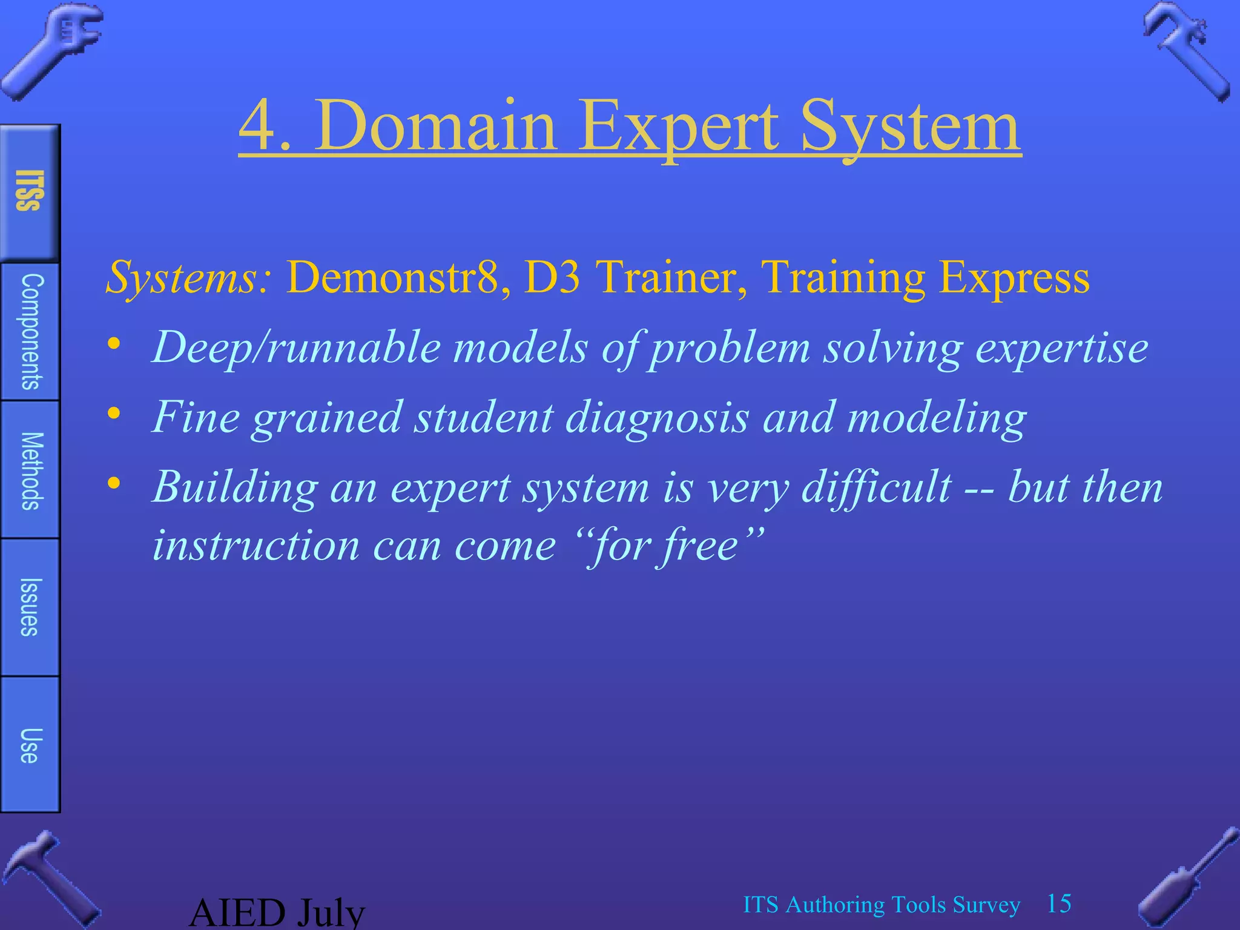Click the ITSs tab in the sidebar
click(x=30, y=192)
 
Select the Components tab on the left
click(x=30, y=331)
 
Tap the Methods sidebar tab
click(x=30, y=470)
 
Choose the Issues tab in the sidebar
click(x=30, y=607)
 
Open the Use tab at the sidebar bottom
click(x=30, y=745)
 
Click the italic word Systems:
click(x=188, y=278)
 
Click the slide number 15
click(x=1059, y=903)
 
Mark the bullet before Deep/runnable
click(x=114, y=344)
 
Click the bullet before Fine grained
click(x=114, y=414)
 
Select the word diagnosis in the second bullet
click(x=658, y=418)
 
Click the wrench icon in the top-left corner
click(x=51, y=51)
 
